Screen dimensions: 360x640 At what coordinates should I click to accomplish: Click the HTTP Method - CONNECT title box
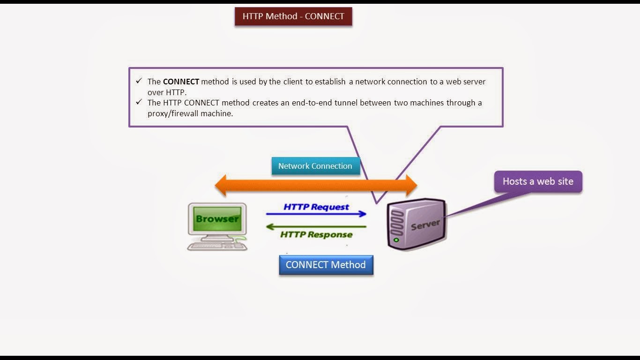[x=293, y=16]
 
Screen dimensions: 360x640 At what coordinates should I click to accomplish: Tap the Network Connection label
[x=315, y=166]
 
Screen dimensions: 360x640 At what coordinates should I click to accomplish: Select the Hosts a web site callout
[x=538, y=181]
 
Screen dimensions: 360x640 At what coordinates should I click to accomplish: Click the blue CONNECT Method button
[x=326, y=265]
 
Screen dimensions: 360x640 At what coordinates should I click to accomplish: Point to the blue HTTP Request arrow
[x=316, y=214]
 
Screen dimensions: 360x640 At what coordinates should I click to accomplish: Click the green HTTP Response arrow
[x=316, y=227]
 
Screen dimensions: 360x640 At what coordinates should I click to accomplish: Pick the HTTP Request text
[x=316, y=207]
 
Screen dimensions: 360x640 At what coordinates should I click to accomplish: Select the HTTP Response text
[x=316, y=235]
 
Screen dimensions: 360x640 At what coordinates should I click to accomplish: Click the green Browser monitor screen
[x=217, y=218]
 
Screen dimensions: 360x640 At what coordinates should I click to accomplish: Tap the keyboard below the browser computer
[x=212, y=246]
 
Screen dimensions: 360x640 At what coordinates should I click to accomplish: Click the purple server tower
[x=416, y=224]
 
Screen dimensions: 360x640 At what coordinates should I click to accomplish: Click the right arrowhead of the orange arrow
[x=411, y=186]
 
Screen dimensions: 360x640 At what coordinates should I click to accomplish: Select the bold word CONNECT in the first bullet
[x=181, y=82]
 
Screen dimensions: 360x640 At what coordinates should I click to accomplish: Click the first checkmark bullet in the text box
[x=139, y=81]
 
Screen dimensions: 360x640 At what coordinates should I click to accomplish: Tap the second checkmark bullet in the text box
[x=139, y=102]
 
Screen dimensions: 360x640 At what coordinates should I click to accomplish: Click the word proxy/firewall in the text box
[x=173, y=113]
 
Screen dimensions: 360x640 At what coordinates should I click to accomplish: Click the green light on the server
[x=396, y=240]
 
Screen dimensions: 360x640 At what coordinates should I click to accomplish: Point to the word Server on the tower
[x=425, y=225]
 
